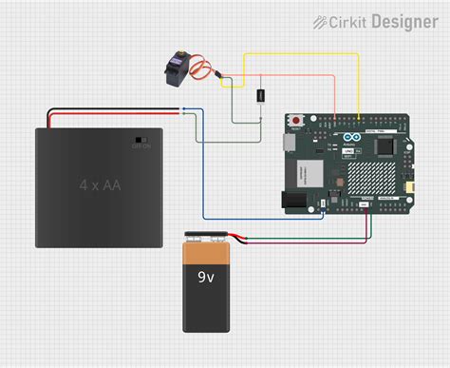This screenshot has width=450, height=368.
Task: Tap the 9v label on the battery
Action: click(x=205, y=277)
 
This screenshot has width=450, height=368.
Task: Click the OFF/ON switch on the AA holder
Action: click(x=141, y=139)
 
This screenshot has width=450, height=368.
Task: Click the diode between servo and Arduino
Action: click(x=259, y=95)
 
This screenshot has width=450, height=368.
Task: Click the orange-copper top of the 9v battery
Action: click(x=207, y=253)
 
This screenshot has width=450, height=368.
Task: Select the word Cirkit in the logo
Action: click(x=347, y=22)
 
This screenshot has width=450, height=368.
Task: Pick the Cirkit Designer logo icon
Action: click(x=322, y=22)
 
